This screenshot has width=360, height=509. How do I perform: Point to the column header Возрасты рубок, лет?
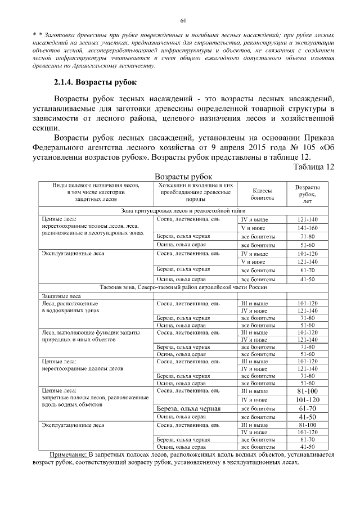coord(307,194)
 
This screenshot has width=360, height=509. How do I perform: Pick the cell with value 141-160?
coord(307,228)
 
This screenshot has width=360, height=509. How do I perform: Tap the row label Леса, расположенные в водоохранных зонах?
coord(70,307)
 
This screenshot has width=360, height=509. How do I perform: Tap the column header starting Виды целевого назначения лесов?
coord(95,191)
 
